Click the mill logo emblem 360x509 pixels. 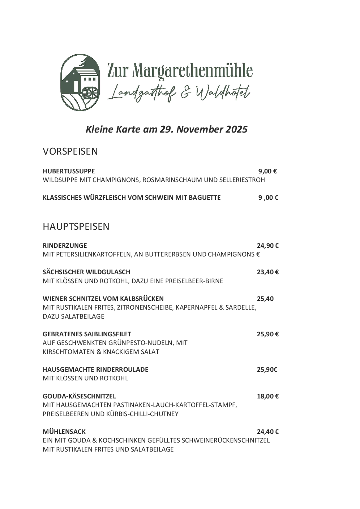[80, 82]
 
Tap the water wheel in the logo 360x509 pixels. [90, 93]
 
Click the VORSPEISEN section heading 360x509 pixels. [70, 151]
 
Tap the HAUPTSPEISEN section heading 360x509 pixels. [76, 227]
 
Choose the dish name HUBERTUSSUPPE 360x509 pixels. [69, 171]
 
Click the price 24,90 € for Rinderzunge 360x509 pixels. [267, 246]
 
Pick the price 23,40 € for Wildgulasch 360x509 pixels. [267, 272]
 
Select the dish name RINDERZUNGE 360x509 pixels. [65, 246]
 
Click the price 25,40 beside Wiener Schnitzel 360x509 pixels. [265, 299]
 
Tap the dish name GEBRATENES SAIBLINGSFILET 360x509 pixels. [87, 334]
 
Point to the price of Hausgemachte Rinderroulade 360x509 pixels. [267, 370]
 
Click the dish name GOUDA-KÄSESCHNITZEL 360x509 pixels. [79, 396]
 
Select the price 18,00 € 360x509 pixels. [267, 396]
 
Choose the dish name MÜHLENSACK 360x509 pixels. [64, 432]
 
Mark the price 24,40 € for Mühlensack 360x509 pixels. [267, 432]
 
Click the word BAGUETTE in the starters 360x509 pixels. [205, 198]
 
